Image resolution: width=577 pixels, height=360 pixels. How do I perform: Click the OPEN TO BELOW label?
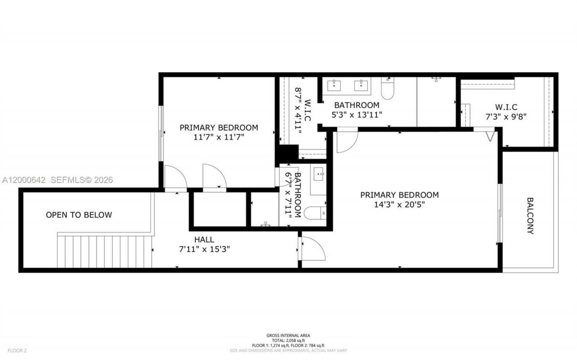tap(79, 215)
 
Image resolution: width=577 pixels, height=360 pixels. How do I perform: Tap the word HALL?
tap(204, 240)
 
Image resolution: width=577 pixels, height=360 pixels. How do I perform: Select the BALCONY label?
tap(530, 216)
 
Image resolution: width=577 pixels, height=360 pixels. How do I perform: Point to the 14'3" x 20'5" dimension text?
tap(399, 204)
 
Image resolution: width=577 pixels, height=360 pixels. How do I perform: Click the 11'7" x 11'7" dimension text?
tap(219, 137)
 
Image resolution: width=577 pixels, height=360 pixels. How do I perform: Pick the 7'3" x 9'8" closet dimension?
tap(506, 115)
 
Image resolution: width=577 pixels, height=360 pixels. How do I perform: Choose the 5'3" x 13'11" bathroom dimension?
tap(357, 115)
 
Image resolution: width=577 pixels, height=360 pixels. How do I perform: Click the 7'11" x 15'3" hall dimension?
tap(204, 249)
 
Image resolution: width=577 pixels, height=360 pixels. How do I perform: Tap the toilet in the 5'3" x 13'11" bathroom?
tap(388, 88)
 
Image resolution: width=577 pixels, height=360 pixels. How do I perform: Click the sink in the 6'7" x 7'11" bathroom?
tap(319, 173)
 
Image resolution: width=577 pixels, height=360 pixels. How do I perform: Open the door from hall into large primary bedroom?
tap(312, 249)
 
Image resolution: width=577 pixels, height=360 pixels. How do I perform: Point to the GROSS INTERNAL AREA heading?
tap(288, 335)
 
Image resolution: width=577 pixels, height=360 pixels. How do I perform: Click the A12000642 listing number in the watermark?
tap(24, 180)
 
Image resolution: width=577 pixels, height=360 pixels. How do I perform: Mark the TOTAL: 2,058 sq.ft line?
tap(288, 340)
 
